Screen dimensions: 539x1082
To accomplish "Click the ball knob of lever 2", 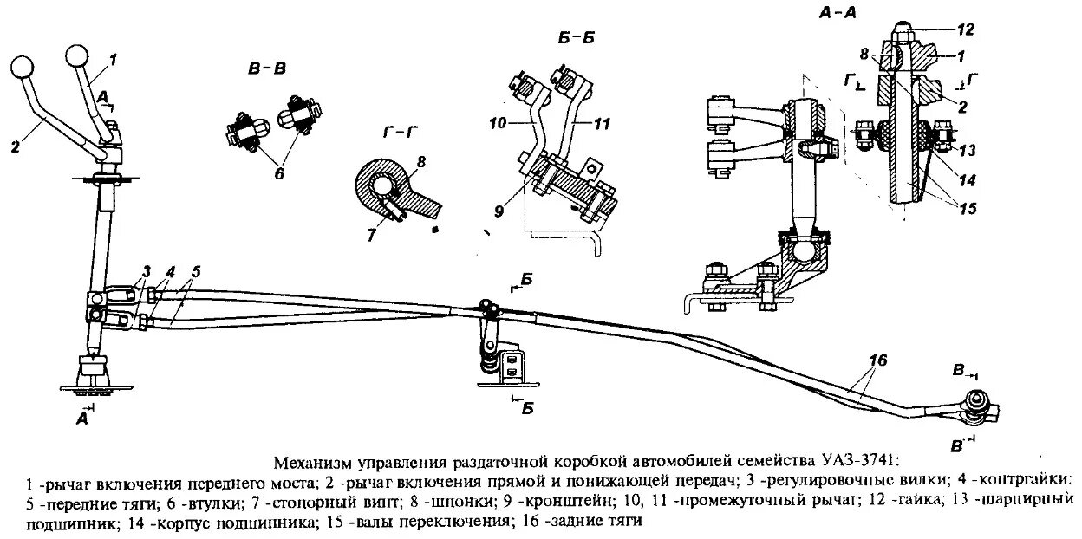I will click(22, 67).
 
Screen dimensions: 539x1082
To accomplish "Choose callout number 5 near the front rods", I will click(195, 270).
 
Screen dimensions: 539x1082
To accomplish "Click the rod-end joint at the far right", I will click(980, 407).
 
